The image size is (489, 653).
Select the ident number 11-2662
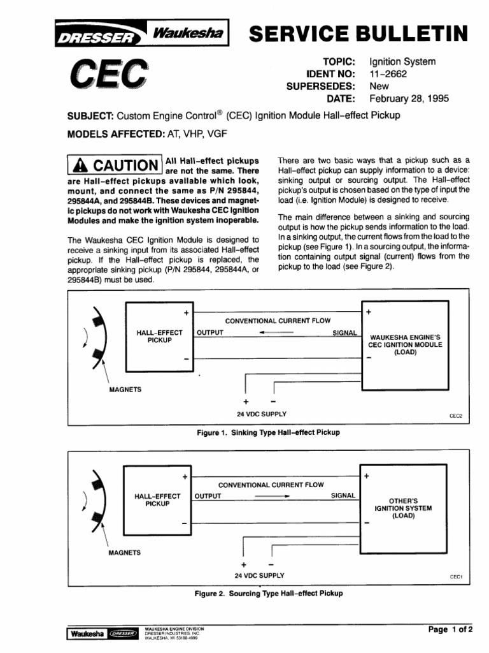[388, 74]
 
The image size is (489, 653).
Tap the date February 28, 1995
[409, 99]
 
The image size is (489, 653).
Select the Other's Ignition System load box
[402, 508]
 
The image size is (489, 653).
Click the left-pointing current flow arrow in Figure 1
[276, 333]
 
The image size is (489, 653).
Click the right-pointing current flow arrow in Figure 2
[272, 495]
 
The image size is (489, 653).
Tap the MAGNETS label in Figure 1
[125, 389]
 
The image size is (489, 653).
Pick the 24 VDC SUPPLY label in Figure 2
[260, 575]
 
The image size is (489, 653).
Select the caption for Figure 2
[268, 593]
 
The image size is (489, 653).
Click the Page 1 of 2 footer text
[450, 629]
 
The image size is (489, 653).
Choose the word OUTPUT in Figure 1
[209, 333]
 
